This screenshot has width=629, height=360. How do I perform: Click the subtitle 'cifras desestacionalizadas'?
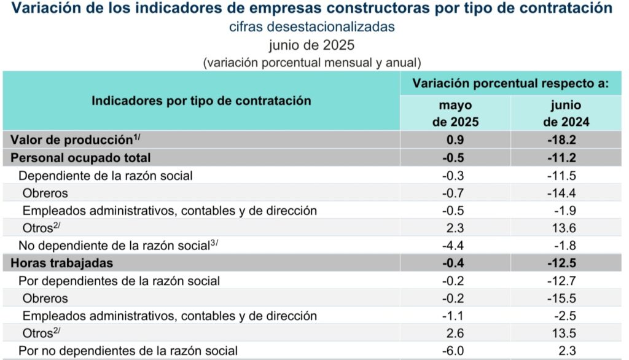point(311,27)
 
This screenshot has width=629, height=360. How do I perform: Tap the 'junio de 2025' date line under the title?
point(311,45)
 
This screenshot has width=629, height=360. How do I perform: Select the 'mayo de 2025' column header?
point(455,113)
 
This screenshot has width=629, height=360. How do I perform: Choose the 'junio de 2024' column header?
point(566,113)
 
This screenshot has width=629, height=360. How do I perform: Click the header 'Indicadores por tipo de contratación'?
point(201,101)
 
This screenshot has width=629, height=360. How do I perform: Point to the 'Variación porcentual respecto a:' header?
point(510,83)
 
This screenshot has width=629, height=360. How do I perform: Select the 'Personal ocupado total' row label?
point(80,157)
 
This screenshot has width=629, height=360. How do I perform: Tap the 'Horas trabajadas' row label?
point(61,263)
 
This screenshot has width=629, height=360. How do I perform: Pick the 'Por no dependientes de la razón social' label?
point(128,351)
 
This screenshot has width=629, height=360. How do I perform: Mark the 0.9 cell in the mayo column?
point(455,139)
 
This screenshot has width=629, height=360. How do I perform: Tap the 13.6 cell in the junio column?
point(566,228)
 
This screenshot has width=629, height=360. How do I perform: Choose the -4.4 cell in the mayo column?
point(455,246)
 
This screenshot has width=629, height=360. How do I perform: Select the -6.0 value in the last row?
point(455,351)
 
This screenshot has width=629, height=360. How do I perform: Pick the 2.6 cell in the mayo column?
point(455,334)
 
